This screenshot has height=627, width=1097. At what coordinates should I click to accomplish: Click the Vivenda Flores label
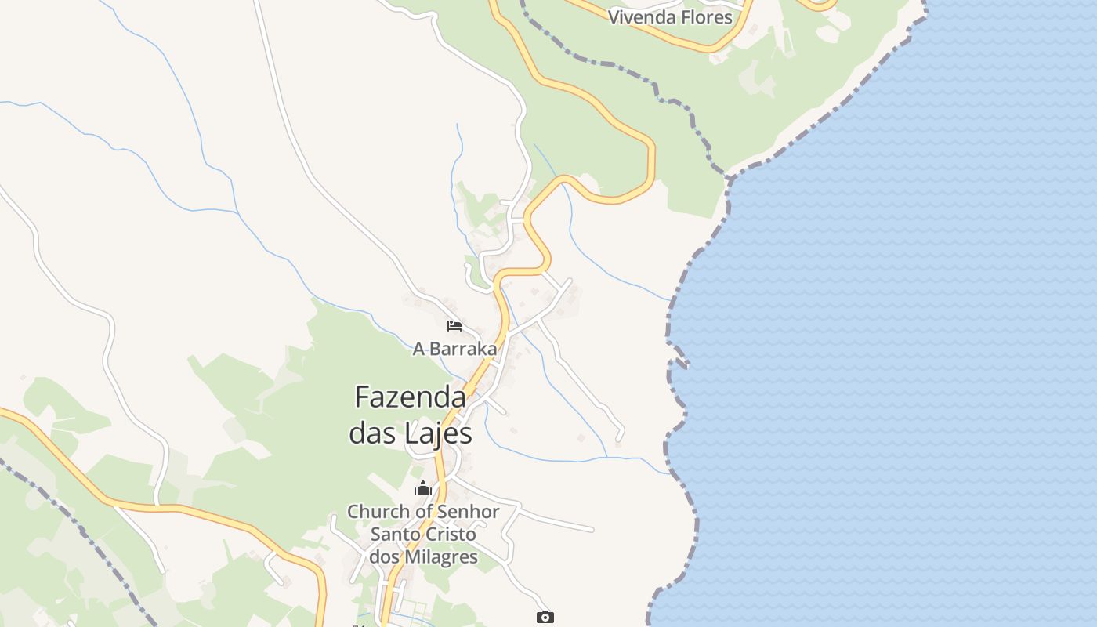[x=670, y=17]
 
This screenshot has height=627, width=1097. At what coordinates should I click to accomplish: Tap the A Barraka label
[x=454, y=349]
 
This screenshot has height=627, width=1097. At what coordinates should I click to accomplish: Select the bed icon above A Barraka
[x=454, y=326]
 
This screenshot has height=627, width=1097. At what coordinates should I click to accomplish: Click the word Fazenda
[x=410, y=397]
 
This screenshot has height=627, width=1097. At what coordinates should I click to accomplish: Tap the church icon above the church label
[x=423, y=488]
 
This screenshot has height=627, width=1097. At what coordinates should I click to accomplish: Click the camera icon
[x=545, y=617]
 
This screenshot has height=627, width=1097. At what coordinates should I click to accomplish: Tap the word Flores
[x=704, y=17]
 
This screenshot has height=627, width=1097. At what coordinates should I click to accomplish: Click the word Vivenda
[x=639, y=17]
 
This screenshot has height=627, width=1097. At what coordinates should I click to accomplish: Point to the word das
[x=371, y=433]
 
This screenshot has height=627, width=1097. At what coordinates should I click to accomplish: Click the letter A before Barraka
[x=419, y=349]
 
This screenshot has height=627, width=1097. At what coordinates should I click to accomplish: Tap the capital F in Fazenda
[x=362, y=397]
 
